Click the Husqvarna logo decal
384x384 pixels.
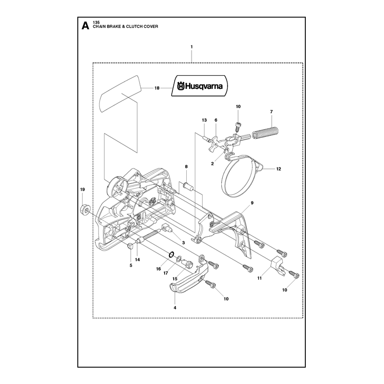point(200,86)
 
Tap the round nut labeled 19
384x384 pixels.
point(85,209)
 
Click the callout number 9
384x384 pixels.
point(252,203)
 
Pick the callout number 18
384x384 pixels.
point(157,88)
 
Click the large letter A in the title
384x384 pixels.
point(85,25)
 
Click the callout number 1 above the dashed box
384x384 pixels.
point(192,47)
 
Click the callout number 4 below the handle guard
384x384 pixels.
point(175,308)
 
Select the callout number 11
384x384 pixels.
point(259,278)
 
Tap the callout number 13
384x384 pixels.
point(204,120)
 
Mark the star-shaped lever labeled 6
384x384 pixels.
point(214,144)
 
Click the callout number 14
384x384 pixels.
point(137,259)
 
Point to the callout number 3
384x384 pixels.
point(183,243)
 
